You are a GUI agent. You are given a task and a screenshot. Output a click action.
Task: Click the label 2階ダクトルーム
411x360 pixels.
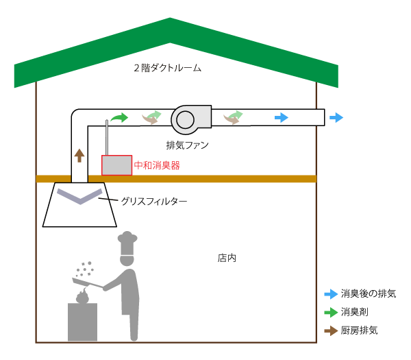click(168, 69)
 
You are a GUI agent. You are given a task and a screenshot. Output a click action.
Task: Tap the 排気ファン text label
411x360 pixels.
click(188, 145)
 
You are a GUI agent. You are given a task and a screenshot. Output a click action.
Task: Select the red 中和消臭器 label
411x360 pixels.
click(157, 165)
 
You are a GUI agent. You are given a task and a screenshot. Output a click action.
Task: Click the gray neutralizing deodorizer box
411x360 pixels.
click(116, 165)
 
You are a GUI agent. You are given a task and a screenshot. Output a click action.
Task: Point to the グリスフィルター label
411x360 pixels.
click(153, 202)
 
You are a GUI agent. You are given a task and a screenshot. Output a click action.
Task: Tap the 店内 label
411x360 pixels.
click(227, 259)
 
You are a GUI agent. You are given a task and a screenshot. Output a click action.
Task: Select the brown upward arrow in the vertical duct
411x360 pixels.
click(79, 155)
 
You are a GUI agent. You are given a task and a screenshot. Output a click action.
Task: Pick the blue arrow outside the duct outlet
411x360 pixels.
click(336, 118)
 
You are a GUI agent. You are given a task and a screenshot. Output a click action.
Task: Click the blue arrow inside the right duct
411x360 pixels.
click(282, 118)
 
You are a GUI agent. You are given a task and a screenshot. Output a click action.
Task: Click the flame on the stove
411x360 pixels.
click(83, 296)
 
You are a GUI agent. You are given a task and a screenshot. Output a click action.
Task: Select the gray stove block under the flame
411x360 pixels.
click(83, 322)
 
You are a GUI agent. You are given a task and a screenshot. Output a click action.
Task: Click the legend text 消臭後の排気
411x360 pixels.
click(369, 293)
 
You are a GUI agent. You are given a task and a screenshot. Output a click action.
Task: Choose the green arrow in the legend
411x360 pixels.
click(331, 312)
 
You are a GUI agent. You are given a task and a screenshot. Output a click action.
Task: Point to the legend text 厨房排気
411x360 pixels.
click(359, 331)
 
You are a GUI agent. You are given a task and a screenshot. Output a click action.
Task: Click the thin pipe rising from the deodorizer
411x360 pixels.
click(107, 137)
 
